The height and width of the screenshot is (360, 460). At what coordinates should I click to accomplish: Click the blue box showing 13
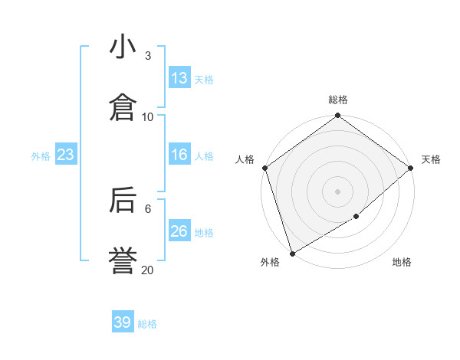pos(179,78)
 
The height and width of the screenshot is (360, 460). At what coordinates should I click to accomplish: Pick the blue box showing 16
pos(179,155)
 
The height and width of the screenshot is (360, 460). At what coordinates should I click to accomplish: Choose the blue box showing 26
pos(179,231)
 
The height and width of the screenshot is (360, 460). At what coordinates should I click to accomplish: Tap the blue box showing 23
pos(66,155)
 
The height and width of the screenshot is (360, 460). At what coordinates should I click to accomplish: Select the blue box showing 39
pos(123,322)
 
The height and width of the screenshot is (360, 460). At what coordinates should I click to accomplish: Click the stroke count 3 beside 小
pos(147,56)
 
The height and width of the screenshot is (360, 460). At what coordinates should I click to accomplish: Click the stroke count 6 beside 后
pos(147,208)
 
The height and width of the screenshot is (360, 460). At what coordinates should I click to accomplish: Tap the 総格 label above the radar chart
pos(338,100)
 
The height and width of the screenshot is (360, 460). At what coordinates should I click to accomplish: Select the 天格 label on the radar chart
pos(431,159)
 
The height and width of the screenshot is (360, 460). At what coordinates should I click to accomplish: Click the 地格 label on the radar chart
pos(402,262)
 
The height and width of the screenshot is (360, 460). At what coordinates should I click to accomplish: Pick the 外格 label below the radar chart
pos(270,262)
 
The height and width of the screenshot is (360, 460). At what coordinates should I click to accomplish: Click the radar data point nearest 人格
pos(264,168)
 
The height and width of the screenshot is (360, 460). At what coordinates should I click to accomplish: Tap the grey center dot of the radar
pos(337,191)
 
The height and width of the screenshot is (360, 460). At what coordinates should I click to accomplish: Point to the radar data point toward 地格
pos(356,218)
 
